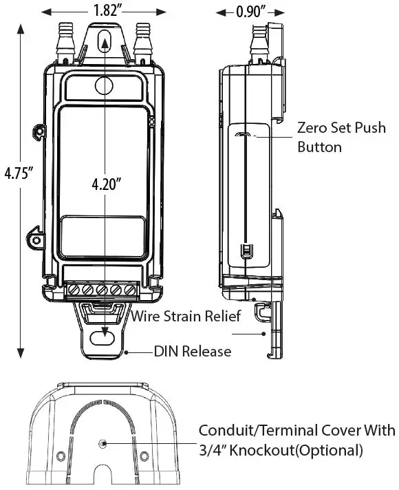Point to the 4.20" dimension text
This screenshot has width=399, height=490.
pyautogui.click(x=107, y=184)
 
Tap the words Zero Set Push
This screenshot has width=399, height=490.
pyautogui.click(x=330, y=128)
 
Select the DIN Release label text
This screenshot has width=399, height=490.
pyautogui.click(x=192, y=352)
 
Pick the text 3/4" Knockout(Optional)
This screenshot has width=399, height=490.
pyautogui.click(x=280, y=451)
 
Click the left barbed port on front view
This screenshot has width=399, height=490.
pyautogui.click(x=66, y=38)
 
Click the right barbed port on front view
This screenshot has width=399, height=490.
pyautogui.click(x=143, y=38)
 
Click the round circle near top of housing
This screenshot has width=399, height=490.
pyautogui.click(x=104, y=85)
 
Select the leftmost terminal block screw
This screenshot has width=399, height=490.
pyautogui.click(x=74, y=290)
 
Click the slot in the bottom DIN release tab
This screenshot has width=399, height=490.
pyautogui.click(x=105, y=338)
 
